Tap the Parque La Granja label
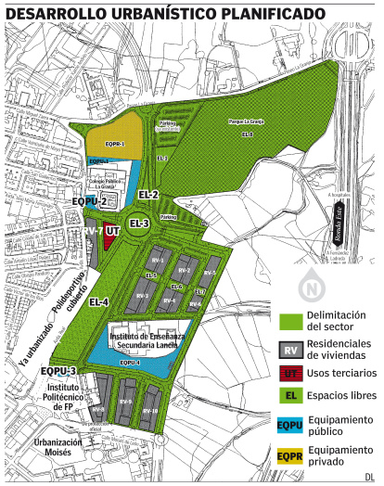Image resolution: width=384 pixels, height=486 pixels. pyautogui.click(x=243, y=121)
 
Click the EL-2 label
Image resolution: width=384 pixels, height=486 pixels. pyautogui.click(x=148, y=195)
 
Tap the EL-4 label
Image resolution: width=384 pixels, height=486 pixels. pyautogui.click(x=99, y=302)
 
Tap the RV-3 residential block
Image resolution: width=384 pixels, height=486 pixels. pyautogui.click(x=141, y=295)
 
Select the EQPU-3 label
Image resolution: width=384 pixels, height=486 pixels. pyautogui.click(x=58, y=371)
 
